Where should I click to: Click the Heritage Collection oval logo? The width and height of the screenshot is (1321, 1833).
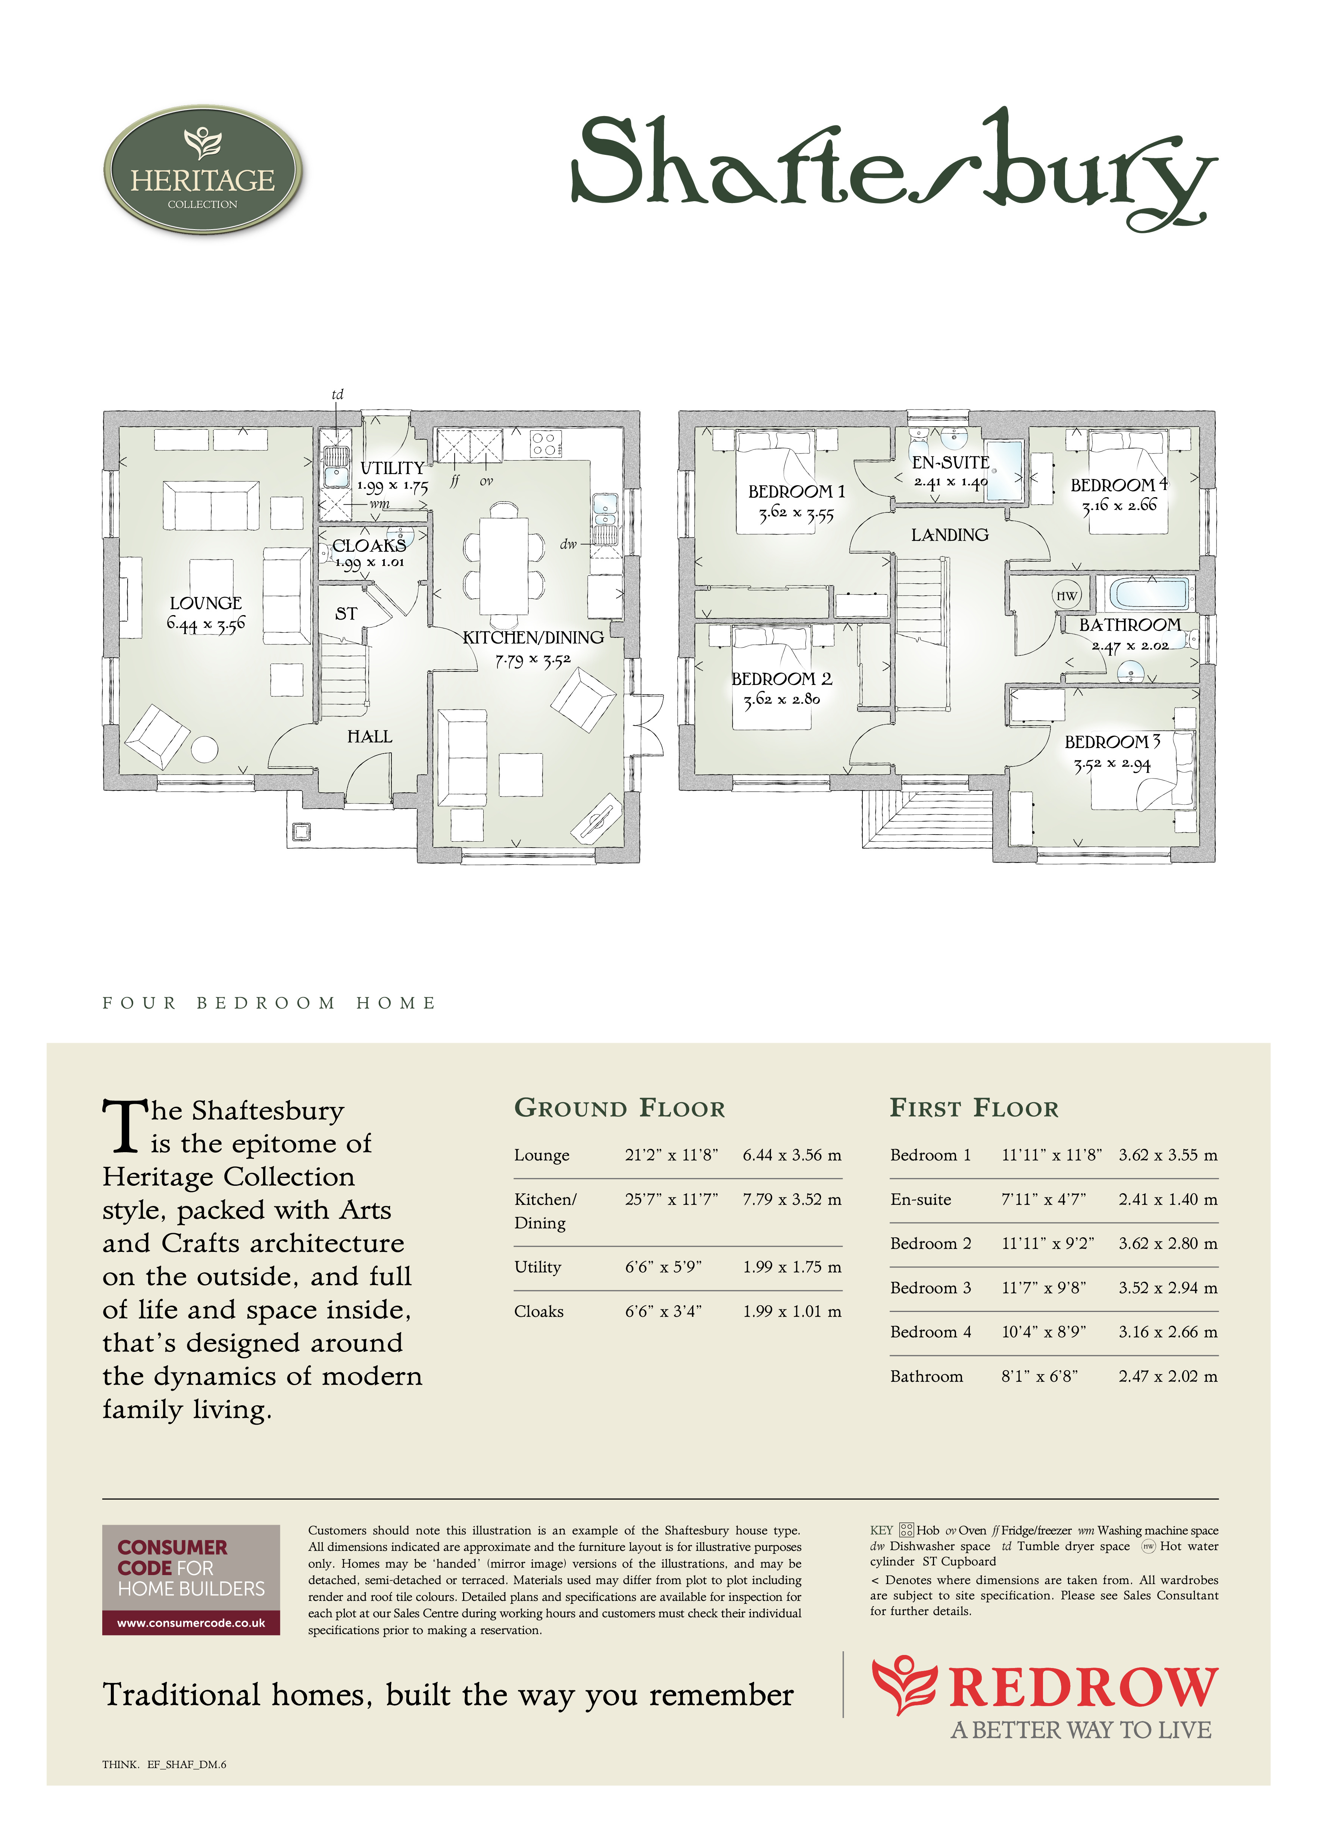click(x=203, y=171)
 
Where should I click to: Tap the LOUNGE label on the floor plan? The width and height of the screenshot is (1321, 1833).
click(x=206, y=603)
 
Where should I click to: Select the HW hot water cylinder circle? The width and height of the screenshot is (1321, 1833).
click(x=1067, y=596)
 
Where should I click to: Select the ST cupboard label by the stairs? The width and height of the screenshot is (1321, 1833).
click(x=346, y=614)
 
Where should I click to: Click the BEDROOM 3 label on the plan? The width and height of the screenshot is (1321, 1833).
click(x=1112, y=742)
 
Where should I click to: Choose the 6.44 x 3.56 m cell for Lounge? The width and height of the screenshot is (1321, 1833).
click(x=792, y=1155)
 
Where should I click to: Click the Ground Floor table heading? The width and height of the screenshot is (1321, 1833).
click(x=620, y=1108)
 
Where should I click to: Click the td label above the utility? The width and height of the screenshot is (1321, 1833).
click(x=338, y=395)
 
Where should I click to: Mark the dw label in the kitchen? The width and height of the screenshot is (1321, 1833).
click(x=569, y=544)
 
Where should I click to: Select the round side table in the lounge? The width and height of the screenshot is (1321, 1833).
click(x=204, y=749)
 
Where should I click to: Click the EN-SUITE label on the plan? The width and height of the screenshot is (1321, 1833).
click(x=951, y=462)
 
